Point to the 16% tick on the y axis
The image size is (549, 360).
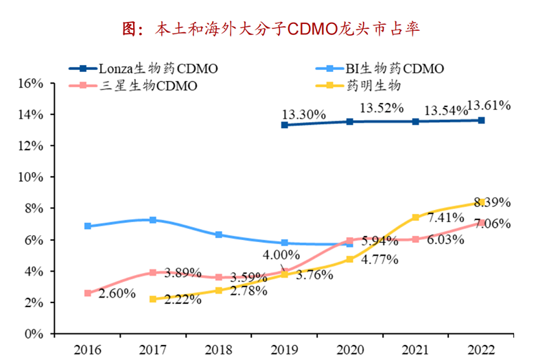(x=30, y=83)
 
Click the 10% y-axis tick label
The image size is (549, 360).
(x=30, y=177)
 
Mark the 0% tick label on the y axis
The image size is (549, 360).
(x=34, y=334)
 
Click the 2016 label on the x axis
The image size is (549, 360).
(x=86, y=349)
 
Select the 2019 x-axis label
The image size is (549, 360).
(x=284, y=349)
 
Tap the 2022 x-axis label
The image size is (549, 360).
(x=481, y=349)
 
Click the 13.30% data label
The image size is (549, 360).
(x=303, y=115)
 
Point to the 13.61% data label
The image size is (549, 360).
(x=489, y=106)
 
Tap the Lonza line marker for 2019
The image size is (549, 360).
(x=284, y=125)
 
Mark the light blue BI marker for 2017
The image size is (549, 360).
(x=152, y=220)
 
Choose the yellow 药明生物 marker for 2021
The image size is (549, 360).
(x=416, y=217)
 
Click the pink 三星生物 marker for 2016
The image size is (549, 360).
(x=87, y=293)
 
